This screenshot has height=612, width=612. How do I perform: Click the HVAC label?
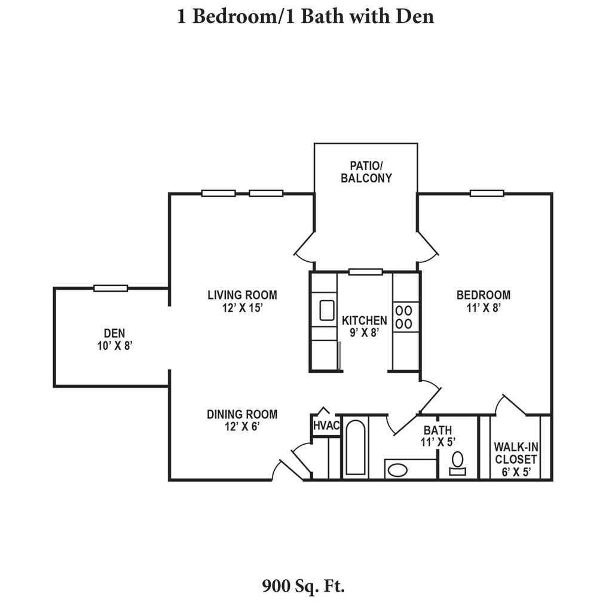click(326, 426)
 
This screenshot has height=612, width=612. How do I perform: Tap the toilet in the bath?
click(458, 462)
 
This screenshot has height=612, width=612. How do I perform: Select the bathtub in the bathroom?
click(356, 448)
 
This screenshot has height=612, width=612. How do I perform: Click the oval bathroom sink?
click(397, 469)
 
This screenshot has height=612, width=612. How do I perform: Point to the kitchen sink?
click(326, 310)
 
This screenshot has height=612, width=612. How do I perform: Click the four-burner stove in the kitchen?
click(405, 317)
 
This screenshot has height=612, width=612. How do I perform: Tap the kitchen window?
click(365, 272)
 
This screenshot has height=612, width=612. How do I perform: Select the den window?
click(111, 288)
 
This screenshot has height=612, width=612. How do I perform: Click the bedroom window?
click(486, 193)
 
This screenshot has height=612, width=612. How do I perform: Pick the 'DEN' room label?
click(114, 333)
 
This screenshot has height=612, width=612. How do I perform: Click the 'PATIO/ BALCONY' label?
click(366, 172)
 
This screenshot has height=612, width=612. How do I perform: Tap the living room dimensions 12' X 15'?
click(242, 308)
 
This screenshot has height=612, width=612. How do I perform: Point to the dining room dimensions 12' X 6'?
click(242, 427)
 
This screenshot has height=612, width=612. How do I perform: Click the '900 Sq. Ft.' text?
click(304, 585)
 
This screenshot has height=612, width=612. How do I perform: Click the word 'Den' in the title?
click(414, 16)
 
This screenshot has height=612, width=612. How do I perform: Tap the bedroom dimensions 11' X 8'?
click(483, 308)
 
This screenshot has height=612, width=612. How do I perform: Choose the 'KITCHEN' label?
click(364, 321)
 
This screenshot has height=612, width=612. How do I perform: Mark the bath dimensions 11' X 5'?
click(438, 442)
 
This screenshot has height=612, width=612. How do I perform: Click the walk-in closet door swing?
click(509, 405)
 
